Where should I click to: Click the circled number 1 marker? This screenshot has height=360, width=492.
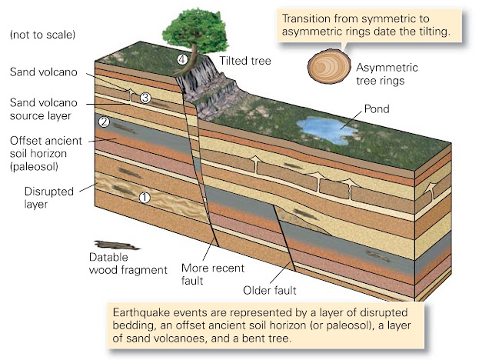(x=143, y=196)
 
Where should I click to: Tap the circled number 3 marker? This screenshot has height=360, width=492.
(x=145, y=97)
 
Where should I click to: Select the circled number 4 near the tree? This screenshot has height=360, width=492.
(x=182, y=59)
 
